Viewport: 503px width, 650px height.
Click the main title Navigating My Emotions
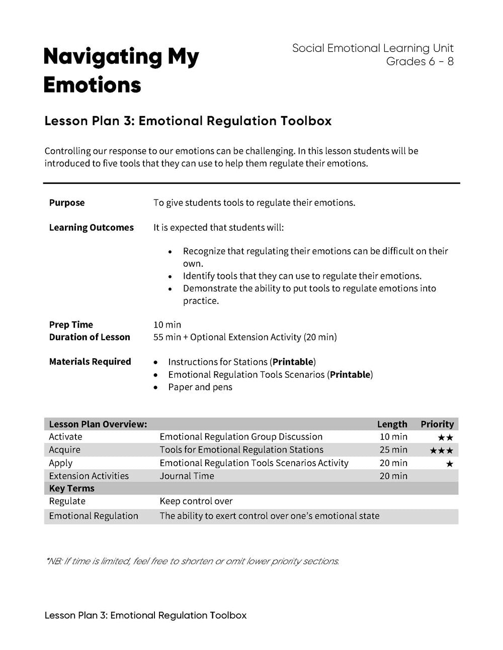click(x=121, y=71)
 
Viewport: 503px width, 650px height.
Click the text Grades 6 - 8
click(x=420, y=61)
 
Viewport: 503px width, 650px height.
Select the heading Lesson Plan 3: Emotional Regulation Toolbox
click(x=188, y=121)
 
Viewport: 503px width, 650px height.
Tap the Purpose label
click(x=67, y=203)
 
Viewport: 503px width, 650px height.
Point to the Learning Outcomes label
click(x=91, y=228)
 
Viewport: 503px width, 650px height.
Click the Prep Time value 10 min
click(x=167, y=324)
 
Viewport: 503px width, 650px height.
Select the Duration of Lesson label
click(x=90, y=337)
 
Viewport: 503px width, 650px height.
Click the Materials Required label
click(x=90, y=362)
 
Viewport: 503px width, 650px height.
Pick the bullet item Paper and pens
click(x=200, y=387)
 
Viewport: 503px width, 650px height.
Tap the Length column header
click(x=392, y=424)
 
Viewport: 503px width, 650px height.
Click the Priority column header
click(x=437, y=424)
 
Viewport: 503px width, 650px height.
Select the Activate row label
click(x=65, y=437)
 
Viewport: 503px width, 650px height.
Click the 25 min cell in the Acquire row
click(x=393, y=450)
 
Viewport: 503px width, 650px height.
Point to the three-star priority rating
click(x=441, y=451)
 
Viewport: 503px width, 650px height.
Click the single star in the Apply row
click(x=449, y=464)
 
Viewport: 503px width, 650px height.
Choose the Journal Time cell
click(x=187, y=476)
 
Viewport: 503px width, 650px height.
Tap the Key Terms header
click(x=71, y=488)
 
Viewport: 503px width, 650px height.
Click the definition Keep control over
click(x=196, y=501)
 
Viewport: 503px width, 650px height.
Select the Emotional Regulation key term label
click(x=93, y=516)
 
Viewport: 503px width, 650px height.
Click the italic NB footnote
click(x=192, y=561)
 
